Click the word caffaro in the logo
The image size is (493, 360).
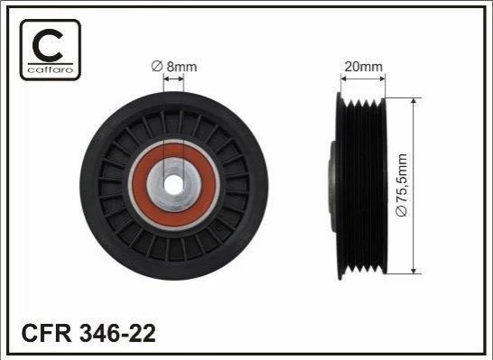(x=51, y=69)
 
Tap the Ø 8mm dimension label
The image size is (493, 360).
(x=174, y=67)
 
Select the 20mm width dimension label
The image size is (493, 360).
(x=364, y=67)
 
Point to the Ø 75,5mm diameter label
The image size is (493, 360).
(x=402, y=185)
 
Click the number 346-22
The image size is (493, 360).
(x=117, y=333)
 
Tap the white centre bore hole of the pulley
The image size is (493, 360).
(x=173, y=185)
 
